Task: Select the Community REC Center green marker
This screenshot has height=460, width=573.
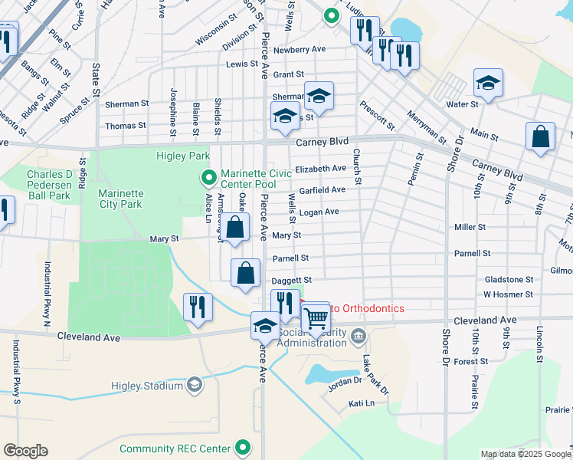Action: click(244, 447)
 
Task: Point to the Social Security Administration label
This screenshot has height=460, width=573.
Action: click(313, 337)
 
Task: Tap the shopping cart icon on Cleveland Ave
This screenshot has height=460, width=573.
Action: click(316, 317)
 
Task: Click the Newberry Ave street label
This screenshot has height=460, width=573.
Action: click(300, 49)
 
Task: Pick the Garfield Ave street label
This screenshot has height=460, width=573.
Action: click(323, 190)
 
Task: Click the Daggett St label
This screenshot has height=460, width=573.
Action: click(292, 281)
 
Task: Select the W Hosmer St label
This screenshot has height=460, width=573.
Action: click(508, 294)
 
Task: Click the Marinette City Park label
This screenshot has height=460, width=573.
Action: click(120, 199)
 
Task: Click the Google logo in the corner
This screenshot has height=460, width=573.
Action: click(25, 451)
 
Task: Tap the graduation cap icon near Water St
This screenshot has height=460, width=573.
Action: click(488, 81)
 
